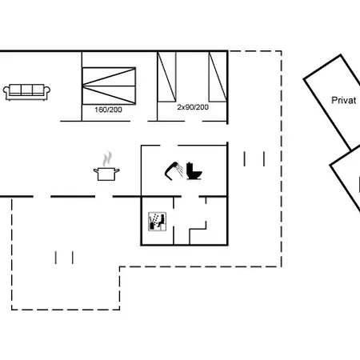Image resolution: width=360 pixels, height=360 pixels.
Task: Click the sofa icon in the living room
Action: (26, 92)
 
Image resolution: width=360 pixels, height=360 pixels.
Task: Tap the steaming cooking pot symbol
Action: (106, 166)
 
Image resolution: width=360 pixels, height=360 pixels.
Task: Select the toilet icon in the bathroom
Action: (194, 171)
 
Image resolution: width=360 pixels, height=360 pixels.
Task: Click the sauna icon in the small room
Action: (158, 222)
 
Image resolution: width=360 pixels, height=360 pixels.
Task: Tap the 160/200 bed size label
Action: (108, 110)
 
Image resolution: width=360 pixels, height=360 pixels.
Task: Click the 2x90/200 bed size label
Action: (193, 107)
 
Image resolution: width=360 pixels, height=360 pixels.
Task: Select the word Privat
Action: (343, 100)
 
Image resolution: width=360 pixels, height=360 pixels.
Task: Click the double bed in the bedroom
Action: (109, 86)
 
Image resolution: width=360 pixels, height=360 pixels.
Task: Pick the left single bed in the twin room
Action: (166, 77)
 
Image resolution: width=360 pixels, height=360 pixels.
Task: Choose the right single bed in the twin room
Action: (218, 77)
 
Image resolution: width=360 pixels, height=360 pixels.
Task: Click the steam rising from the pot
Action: (107, 159)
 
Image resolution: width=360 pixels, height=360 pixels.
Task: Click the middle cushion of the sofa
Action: (26, 90)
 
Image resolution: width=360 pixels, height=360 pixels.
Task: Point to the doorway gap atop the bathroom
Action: (169, 146)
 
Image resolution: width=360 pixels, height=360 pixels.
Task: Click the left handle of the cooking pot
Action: (96, 170)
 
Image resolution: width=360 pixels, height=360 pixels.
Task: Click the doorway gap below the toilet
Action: (190, 197)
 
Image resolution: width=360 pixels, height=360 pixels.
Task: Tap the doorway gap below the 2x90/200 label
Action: (194, 122)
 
